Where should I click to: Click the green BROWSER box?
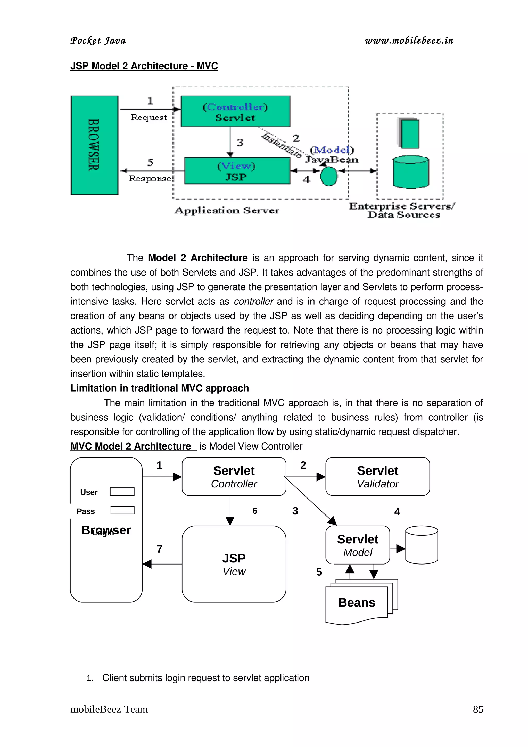click(94, 145)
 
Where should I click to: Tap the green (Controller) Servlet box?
click(235, 111)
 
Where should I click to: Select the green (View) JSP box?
click(237, 171)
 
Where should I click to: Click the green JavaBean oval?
click(328, 176)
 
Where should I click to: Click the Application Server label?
click(227, 211)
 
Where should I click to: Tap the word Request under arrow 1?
click(149, 118)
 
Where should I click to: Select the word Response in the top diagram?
click(150, 179)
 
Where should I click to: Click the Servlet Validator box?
click(377, 477)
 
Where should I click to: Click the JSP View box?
click(234, 564)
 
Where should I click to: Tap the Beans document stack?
click(357, 603)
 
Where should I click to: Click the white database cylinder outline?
click(421, 545)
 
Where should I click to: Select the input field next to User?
click(122, 492)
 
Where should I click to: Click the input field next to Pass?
click(122, 510)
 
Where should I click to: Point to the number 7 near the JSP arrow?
click(159, 549)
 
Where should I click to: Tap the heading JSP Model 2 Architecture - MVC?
click(144, 66)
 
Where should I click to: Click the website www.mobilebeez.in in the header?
click(409, 41)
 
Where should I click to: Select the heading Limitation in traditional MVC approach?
click(159, 388)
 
